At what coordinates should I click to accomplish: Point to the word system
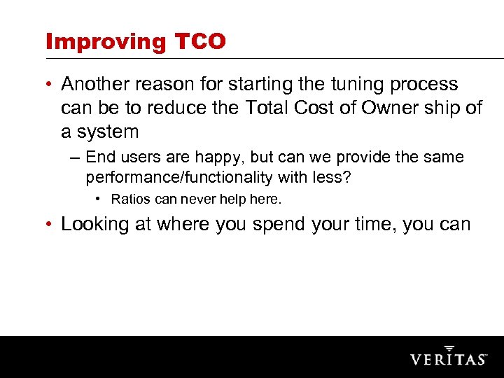[108, 132]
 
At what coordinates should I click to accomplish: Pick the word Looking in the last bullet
[95, 224]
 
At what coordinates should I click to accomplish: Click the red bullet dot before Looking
[50, 224]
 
